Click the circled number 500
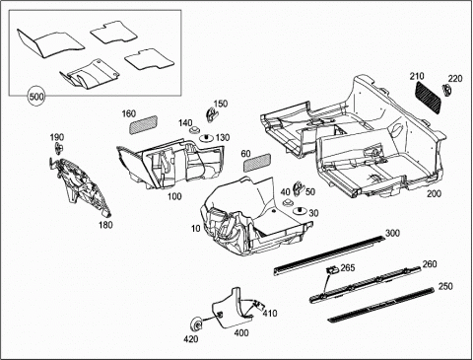[x=36, y=97]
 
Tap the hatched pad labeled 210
[x=429, y=97]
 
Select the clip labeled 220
[x=446, y=90]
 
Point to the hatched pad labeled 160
[x=143, y=124]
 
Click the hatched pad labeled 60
[x=256, y=162]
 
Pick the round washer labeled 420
[x=197, y=324]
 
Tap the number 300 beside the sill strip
[x=392, y=233]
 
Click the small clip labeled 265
[x=332, y=269]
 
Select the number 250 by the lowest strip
[x=445, y=286]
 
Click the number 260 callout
[x=430, y=263]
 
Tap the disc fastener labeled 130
[x=206, y=137]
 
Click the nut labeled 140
[x=194, y=130]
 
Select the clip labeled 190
[x=59, y=149]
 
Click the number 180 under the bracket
[x=105, y=225]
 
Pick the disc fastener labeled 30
[x=300, y=212]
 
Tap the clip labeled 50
[x=299, y=187]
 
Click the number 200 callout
[x=434, y=193]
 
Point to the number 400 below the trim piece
[x=241, y=333]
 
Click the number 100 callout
[x=174, y=196]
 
